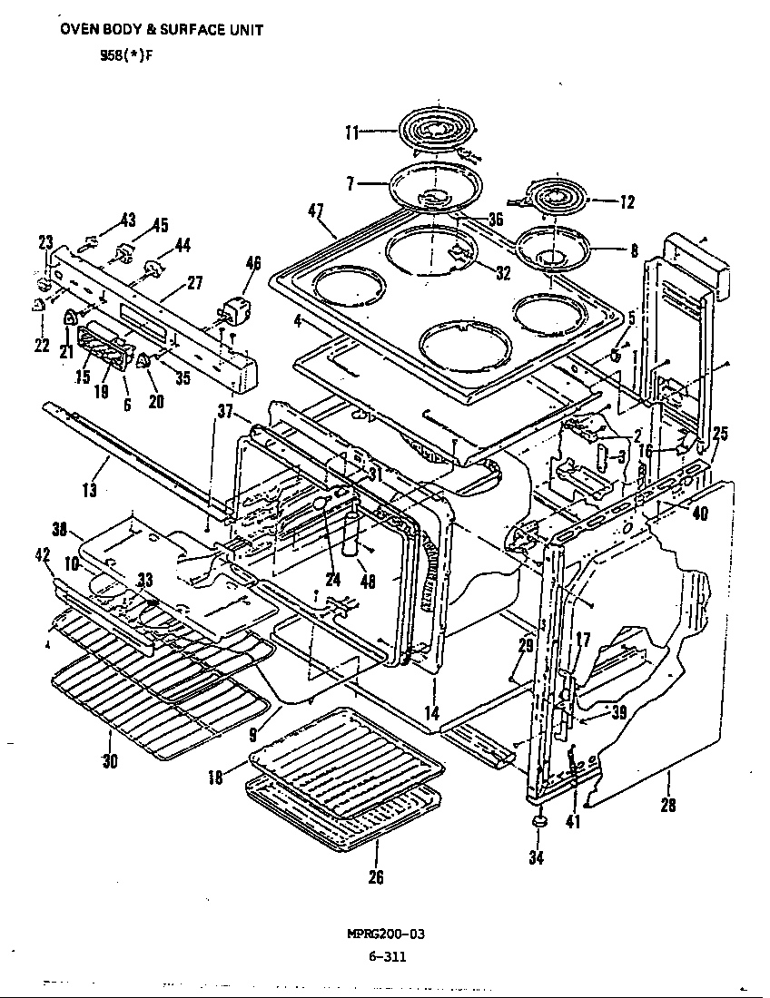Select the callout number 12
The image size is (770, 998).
627,202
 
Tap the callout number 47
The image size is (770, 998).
316,210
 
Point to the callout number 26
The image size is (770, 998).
375,876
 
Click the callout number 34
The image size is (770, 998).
537,857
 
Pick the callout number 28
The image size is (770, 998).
667,804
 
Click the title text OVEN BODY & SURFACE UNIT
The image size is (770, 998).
162,29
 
